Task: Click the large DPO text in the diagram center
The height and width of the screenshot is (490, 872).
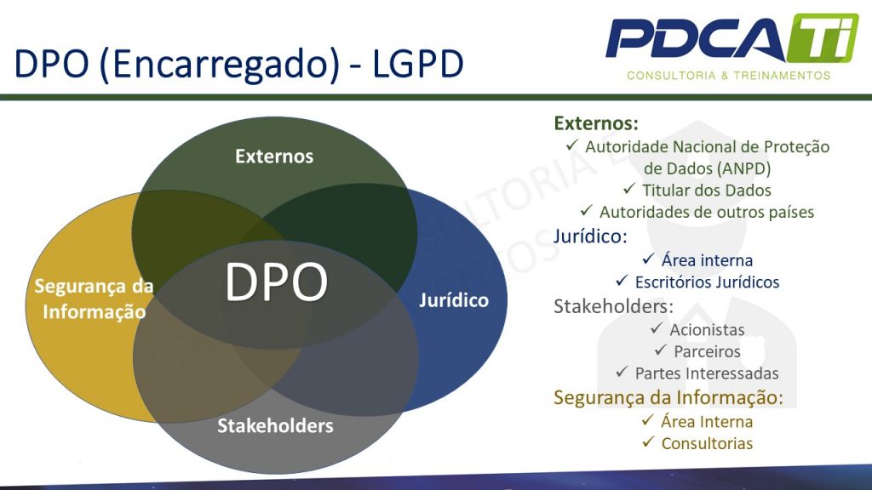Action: [277, 282]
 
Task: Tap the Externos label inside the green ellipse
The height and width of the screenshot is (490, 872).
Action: [274, 157]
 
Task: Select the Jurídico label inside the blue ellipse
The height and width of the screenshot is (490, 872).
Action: [454, 300]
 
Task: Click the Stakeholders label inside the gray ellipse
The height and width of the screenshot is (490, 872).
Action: [275, 425]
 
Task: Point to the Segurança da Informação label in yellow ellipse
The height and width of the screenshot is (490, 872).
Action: [94, 299]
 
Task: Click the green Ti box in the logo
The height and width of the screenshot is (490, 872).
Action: [816, 39]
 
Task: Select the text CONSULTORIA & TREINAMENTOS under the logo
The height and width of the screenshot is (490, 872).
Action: [728, 76]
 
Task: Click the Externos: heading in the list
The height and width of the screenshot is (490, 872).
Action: [596, 123]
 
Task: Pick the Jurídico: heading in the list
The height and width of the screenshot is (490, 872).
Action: [588, 236]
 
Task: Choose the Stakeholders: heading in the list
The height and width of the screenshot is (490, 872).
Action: [613, 305]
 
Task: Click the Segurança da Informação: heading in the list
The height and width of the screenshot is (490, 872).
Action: [668, 397]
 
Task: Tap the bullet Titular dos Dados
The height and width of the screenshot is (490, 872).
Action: [707, 190]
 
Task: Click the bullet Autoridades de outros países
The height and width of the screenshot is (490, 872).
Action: [706, 212]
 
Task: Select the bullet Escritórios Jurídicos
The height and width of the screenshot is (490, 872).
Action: [707, 282]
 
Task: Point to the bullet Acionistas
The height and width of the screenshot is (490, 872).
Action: [707, 329]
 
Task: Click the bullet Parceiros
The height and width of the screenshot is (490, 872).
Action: [707, 351]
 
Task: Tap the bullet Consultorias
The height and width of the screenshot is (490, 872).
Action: [707, 443]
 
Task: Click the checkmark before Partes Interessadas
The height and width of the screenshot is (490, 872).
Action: [621, 373]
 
